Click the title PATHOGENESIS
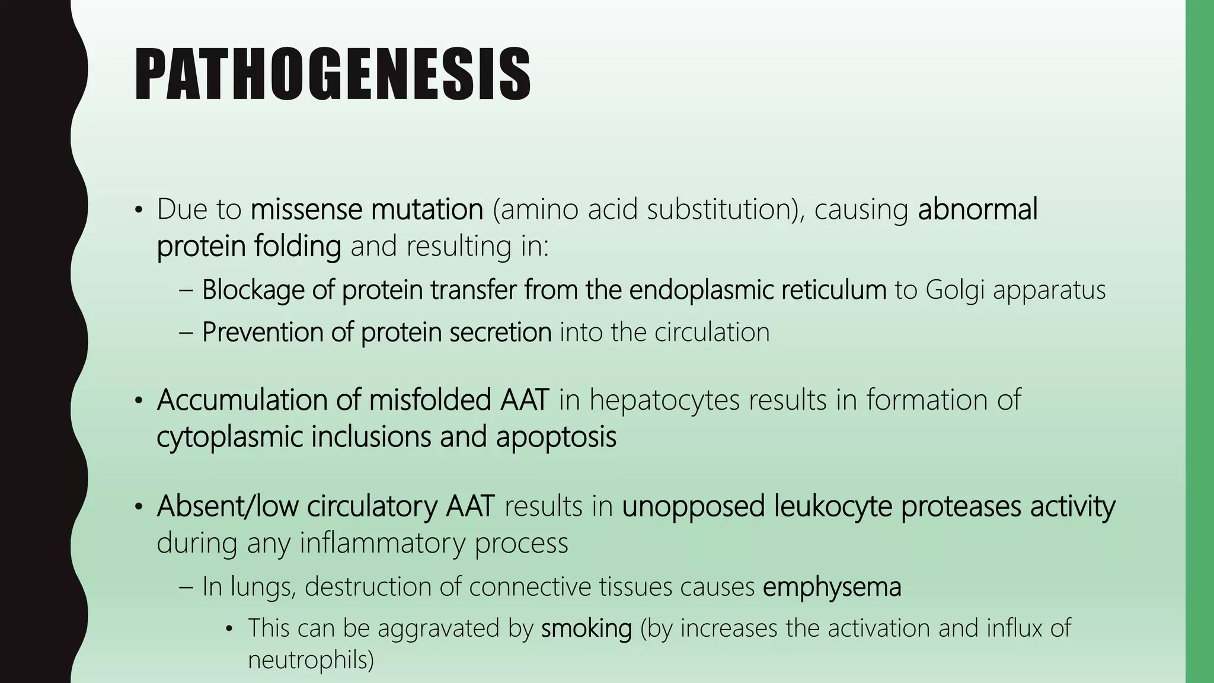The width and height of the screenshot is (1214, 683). pyautogui.click(x=333, y=75)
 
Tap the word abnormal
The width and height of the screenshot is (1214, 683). pyautogui.click(x=977, y=210)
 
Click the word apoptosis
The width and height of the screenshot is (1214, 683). pyautogui.click(x=556, y=437)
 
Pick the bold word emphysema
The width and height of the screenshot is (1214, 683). pyautogui.click(x=832, y=587)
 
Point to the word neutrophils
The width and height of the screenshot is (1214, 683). pyautogui.click(x=311, y=660)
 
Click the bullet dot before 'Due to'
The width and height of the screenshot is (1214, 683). pyautogui.click(x=139, y=210)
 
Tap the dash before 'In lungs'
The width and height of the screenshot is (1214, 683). pyautogui.click(x=186, y=587)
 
